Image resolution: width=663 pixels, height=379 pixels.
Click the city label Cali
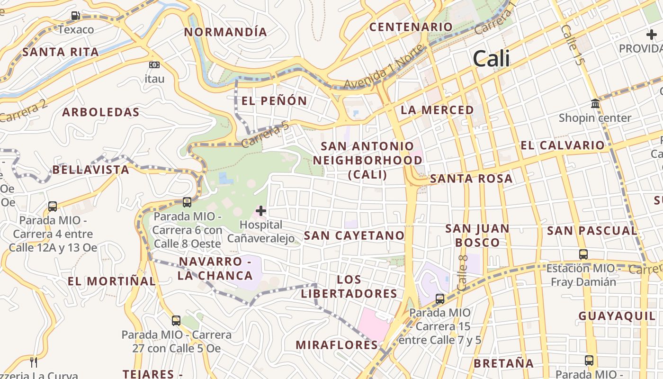click(492, 59)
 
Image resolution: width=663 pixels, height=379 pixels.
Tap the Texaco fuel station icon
click(75, 16)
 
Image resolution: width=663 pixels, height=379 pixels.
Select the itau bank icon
click(154, 65)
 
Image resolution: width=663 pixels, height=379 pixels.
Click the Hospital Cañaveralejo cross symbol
click(261, 210)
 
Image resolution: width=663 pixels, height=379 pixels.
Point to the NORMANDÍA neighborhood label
click(226, 32)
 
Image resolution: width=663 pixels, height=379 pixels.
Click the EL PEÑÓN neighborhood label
click(274, 101)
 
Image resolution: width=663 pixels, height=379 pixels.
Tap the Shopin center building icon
click(595, 103)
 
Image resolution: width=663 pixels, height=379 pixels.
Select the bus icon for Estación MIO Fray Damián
click(583, 254)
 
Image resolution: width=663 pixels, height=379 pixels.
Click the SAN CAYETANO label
click(354, 235)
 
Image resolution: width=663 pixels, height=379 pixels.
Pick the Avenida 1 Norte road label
click(384, 67)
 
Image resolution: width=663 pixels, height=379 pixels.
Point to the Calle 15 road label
click(572, 45)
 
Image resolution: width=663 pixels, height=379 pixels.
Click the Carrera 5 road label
click(265, 135)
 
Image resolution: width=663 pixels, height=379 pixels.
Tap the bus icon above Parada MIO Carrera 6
click(187, 202)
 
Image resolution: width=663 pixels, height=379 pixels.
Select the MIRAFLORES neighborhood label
click(337, 345)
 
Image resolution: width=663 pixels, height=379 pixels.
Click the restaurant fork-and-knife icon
click(34, 362)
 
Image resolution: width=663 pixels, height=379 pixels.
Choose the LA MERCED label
click(437, 110)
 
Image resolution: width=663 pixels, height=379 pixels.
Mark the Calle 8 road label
click(463, 272)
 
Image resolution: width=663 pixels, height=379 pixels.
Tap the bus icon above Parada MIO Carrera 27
click(176, 321)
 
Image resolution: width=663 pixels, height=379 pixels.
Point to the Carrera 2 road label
click(24, 111)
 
